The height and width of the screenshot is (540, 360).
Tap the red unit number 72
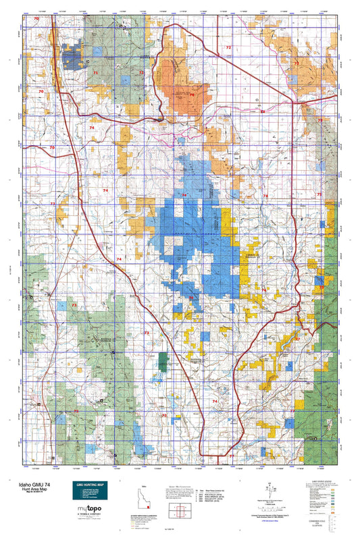[228, 48]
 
